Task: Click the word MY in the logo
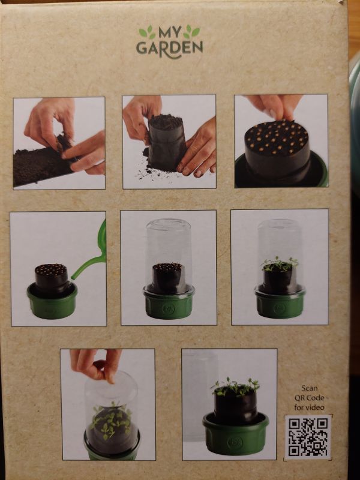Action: coord(170,32)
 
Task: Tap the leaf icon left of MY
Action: coord(147,32)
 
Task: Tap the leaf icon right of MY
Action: coord(191,32)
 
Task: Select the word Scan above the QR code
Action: coord(310,388)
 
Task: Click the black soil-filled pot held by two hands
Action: coord(167,143)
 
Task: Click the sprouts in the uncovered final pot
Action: coord(235,386)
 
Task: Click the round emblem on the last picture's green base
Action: coord(235,442)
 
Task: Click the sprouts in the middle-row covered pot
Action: coord(280,264)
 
